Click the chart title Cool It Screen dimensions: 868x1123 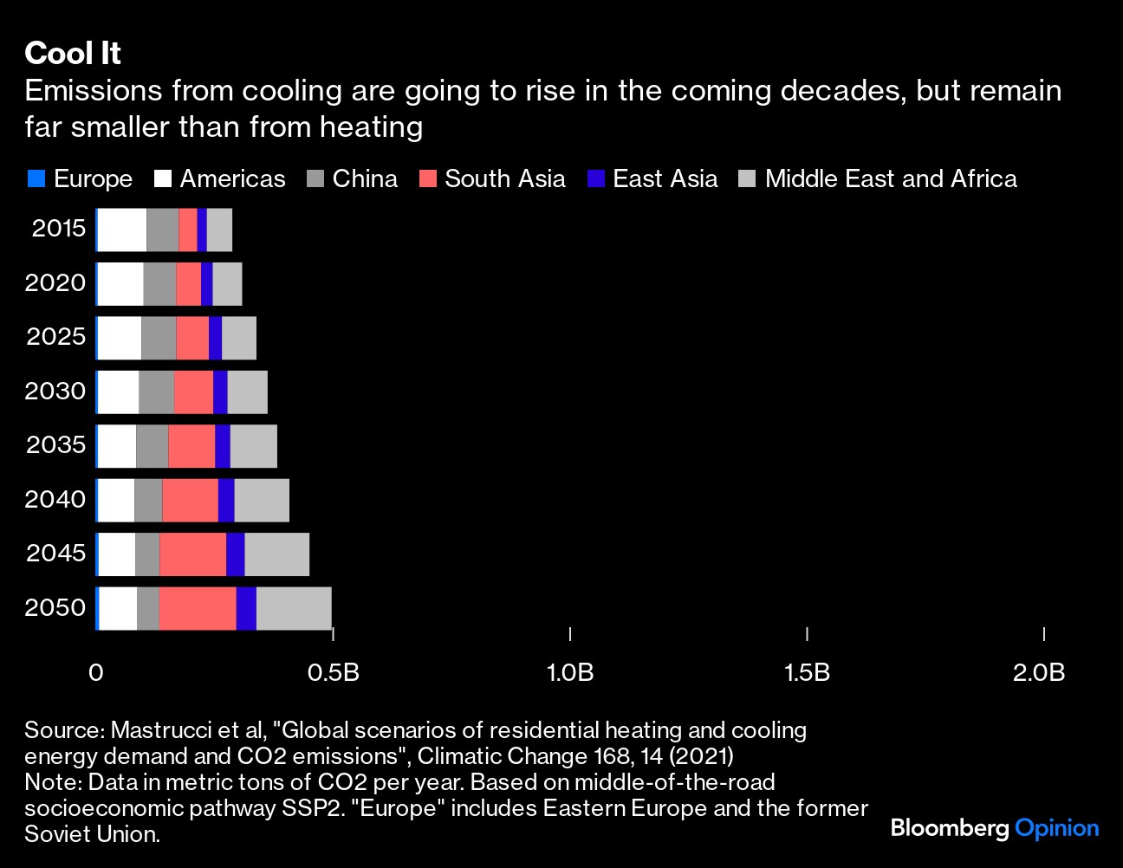click(x=73, y=54)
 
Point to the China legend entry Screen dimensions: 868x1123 click(x=352, y=179)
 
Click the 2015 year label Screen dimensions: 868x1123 click(x=59, y=229)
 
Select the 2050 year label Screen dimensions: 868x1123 click(x=55, y=607)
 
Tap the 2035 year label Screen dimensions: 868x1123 click(x=56, y=445)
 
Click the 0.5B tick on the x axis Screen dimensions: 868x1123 click(x=334, y=672)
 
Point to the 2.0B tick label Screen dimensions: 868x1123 click(x=1039, y=672)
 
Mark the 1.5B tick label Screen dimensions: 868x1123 click(x=808, y=672)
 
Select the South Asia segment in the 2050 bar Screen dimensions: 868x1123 click(x=198, y=608)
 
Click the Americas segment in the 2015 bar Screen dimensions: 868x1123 click(x=122, y=230)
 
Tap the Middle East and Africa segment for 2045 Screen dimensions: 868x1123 click(x=276, y=554)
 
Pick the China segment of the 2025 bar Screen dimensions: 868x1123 click(x=159, y=338)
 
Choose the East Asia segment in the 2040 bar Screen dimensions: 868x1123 click(x=226, y=500)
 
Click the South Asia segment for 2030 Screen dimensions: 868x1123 click(x=193, y=392)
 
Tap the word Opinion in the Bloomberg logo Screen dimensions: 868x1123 click(x=1056, y=828)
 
